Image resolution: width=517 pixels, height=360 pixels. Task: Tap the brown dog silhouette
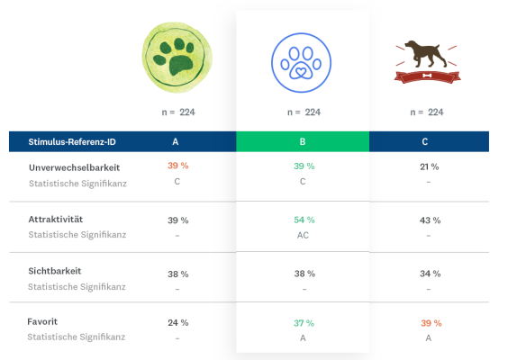pyautogui.click(x=428, y=56)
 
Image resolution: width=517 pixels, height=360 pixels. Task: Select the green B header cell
pyautogui.click(x=303, y=141)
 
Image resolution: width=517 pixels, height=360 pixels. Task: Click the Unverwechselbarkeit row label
pyautogui.click(x=75, y=167)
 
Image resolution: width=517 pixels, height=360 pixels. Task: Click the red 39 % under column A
pyautogui.click(x=177, y=166)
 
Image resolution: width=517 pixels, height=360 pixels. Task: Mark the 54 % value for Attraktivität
pyautogui.click(x=303, y=220)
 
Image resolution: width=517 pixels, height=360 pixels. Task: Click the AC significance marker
pyautogui.click(x=303, y=235)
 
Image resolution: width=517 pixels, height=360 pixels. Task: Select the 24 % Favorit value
pyautogui.click(x=177, y=322)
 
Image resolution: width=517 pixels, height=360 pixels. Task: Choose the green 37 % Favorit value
pyautogui.click(x=303, y=322)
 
